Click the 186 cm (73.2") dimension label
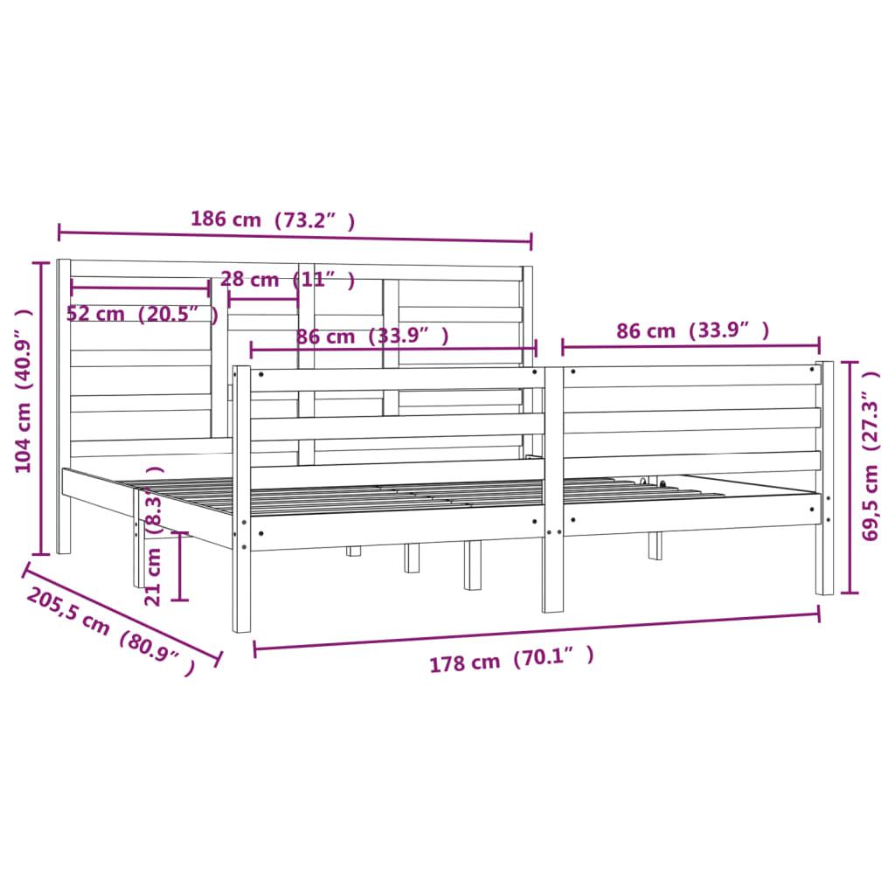[x=273, y=220]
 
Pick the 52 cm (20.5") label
[x=142, y=314]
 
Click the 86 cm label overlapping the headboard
[x=372, y=336]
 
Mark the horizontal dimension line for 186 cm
[x=295, y=237]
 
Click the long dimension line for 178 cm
[x=537, y=631]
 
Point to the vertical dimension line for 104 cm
[x=40, y=407]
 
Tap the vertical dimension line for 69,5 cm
[x=846, y=476]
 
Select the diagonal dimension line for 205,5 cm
[x=121, y=612]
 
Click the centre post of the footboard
[x=553, y=489]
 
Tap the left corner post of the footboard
[x=241, y=498]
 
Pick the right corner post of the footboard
[x=824, y=477]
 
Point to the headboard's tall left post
[x=63, y=406]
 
